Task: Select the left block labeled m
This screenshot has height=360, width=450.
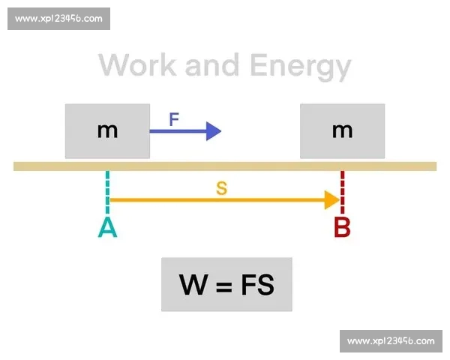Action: (107, 131)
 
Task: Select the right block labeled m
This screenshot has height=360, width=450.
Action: (342, 131)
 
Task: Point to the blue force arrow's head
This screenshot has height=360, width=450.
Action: (214, 131)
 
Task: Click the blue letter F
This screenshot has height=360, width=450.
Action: (174, 119)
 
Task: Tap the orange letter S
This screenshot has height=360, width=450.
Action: (221, 188)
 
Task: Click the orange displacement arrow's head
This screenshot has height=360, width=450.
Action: (331, 200)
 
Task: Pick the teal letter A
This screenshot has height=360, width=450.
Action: (107, 227)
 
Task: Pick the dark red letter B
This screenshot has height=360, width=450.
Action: (342, 227)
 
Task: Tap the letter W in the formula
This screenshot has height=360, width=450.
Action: (193, 285)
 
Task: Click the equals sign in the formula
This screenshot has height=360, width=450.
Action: (223, 286)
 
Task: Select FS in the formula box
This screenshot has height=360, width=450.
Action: (257, 285)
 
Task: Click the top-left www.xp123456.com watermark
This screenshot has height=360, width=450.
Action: (58, 19)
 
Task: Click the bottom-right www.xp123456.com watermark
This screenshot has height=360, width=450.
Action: (391, 341)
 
